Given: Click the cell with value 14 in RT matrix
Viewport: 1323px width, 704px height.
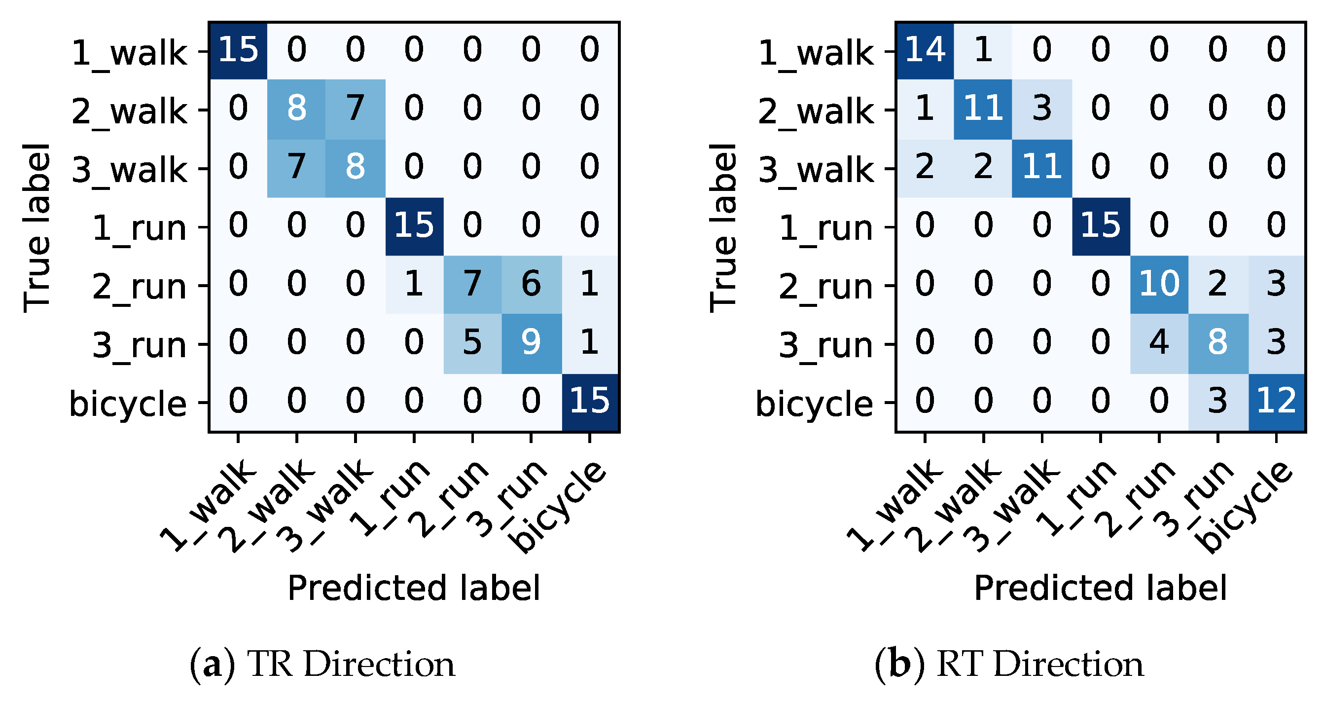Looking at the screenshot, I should (925, 50).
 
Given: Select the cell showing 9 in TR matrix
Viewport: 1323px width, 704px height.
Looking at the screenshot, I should (531, 343).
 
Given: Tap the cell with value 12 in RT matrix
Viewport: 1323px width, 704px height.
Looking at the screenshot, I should (1276, 401).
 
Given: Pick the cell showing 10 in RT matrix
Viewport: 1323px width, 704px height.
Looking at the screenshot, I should (1159, 284).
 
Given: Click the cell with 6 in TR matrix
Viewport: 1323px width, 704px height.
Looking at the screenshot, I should (531, 284).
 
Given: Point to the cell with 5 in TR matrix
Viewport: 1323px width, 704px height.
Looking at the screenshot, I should (472, 343).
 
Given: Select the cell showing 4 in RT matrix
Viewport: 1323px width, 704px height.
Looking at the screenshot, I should (1159, 343).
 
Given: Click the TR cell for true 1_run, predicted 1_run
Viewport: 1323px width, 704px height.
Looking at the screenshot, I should (413, 225).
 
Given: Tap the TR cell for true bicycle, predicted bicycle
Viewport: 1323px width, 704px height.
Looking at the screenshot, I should (589, 401).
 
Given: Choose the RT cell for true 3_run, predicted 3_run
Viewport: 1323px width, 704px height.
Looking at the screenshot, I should (1217, 343).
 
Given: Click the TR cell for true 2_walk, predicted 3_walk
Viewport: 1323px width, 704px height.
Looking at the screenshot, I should (355, 109).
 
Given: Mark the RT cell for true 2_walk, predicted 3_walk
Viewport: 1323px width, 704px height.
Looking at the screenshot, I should (1041, 109).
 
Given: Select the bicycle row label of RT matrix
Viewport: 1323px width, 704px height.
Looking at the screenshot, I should (814, 404).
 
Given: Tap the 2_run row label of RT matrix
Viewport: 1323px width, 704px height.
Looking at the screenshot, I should (825, 287).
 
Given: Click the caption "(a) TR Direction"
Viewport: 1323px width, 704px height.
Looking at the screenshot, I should (322, 665).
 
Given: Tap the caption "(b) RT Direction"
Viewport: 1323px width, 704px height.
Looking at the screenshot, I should (1009, 665).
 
